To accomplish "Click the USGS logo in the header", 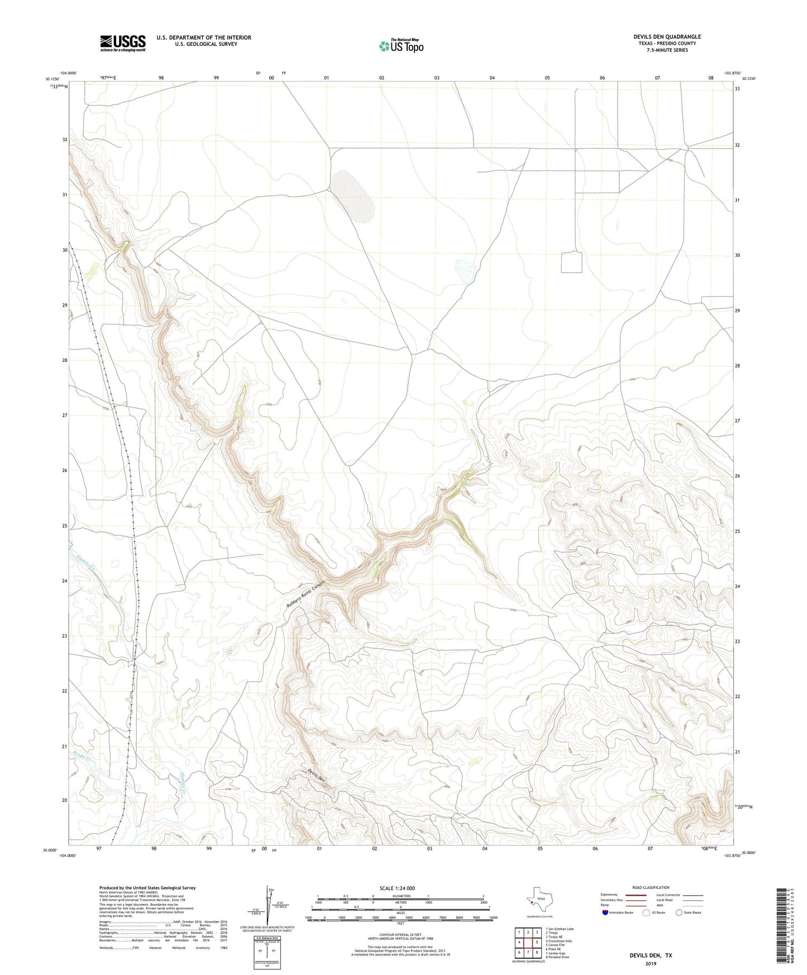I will point(122,43).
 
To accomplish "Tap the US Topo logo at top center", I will point(401,45).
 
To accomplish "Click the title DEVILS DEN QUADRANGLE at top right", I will point(667,37).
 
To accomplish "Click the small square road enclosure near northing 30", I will point(571,262).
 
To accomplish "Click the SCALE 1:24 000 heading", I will point(397,888).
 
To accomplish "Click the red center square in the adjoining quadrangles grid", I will point(528,943).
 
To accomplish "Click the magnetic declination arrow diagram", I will point(268,907).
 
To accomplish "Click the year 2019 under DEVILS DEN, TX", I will point(651,964).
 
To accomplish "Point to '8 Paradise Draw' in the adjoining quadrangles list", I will point(558,957).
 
